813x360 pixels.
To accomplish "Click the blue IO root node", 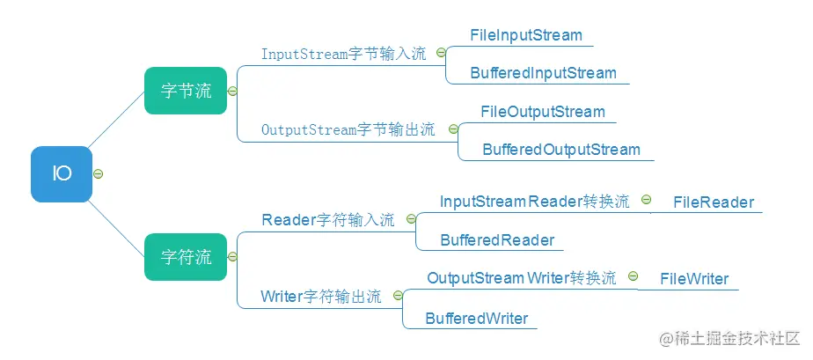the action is (x=62, y=174).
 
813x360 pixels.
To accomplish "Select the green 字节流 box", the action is (x=186, y=91).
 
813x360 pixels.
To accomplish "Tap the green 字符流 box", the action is (x=186, y=257).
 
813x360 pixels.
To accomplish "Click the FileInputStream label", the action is (x=526, y=35).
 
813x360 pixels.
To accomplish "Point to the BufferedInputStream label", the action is (x=544, y=73).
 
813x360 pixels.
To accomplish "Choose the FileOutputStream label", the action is (x=543, y=112).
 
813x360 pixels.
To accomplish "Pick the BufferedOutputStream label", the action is (x=561, y=150).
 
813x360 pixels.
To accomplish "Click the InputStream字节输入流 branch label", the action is (x=344, y=54).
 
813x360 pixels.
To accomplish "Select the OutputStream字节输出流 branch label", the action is (x=348, y=129).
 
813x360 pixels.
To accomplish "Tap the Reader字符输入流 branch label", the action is (x=328, y=220).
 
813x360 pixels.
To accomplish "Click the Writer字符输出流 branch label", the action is (x=321, y=297).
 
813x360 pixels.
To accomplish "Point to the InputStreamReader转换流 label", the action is (x=535, y=202).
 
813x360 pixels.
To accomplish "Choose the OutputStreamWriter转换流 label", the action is (x=522, y=278).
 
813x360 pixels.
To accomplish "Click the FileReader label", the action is (x=714, y=202).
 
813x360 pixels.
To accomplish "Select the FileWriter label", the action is (x=694, y=279).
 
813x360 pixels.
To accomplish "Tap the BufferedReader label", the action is (x=497, y=240).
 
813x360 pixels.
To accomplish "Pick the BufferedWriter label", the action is (x=477, y=318).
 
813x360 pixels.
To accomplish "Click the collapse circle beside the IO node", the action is (x=98, y=174).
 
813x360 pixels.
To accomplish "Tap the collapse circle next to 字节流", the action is (x=232, y=92).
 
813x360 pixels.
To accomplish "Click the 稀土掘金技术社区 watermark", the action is (x=730, y=339).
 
